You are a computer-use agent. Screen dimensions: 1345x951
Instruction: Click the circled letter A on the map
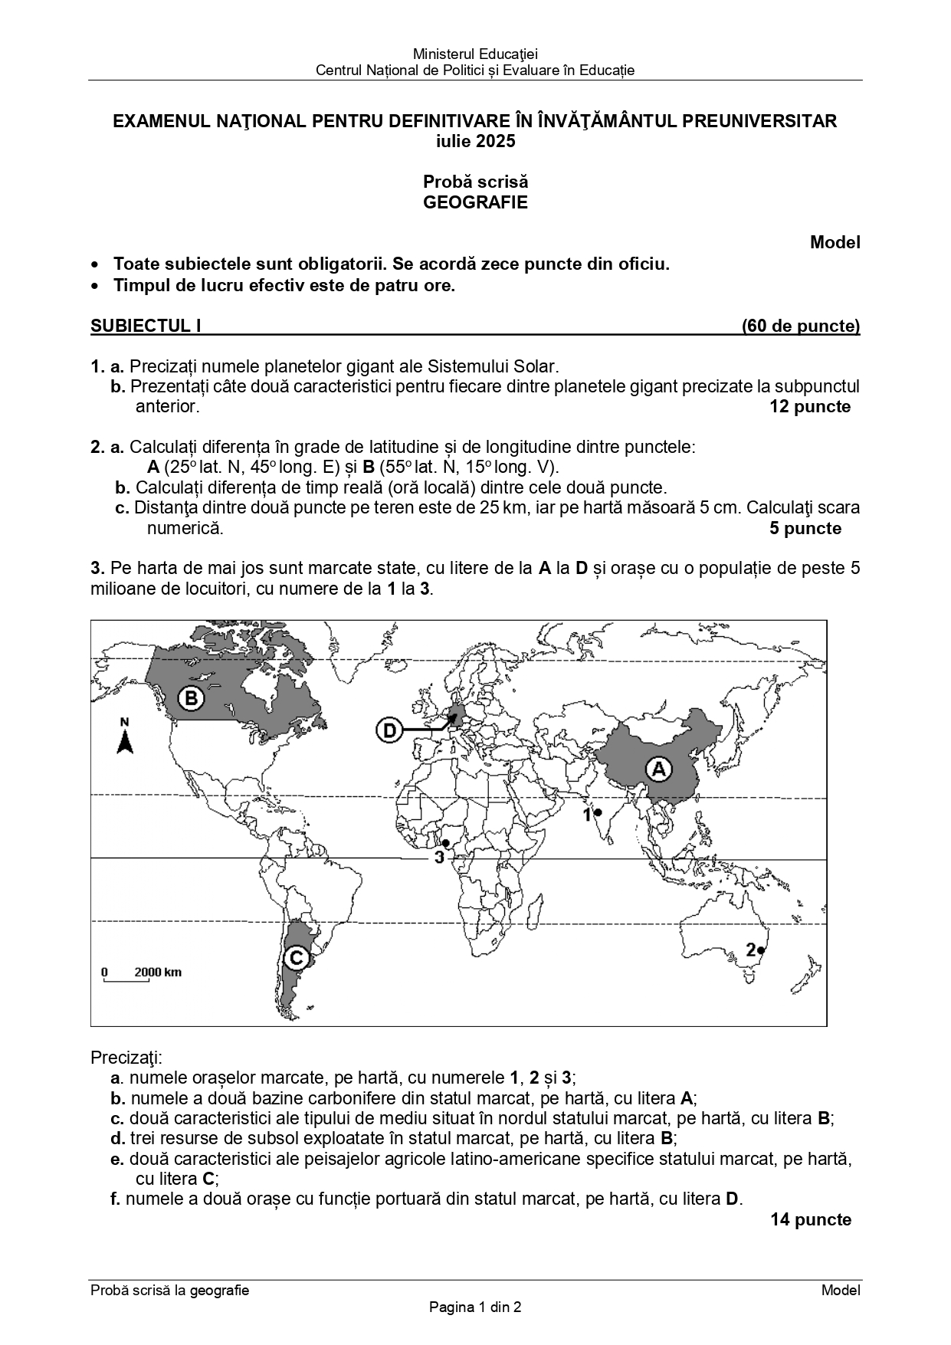pos(658,768)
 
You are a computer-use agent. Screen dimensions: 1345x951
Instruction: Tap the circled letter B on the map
pos(191,698)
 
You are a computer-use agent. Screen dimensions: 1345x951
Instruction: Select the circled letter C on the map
pos(295,958)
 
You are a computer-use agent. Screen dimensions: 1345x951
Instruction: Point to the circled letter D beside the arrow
pos(390,730)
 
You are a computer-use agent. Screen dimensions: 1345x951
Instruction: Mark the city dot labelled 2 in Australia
pos(761,951)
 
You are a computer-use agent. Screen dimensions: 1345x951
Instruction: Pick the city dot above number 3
pos(445,843)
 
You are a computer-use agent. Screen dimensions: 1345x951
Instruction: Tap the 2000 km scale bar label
pos(158,973)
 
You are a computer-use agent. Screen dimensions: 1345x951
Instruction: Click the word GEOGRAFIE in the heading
pos(475,202)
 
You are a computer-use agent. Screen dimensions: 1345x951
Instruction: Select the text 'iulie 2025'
pos(475,141)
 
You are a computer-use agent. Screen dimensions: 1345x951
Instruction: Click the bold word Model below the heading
pos(835,242)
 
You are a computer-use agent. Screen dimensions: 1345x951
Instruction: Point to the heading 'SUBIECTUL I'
pos(146,326)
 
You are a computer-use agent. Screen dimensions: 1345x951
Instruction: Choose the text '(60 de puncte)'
pos(800,326)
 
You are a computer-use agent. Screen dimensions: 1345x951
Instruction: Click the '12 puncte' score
pos(809,406)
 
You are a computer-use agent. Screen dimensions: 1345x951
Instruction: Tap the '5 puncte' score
pos(805,528)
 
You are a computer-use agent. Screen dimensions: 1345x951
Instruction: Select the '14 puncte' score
pos(810,1219)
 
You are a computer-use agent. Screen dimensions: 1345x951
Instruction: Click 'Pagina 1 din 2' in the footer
pos(475,1307)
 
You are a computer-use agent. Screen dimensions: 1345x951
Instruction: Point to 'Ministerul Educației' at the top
pos(475,54)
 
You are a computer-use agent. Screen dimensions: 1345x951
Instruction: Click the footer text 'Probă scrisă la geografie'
pos(169,1290)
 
